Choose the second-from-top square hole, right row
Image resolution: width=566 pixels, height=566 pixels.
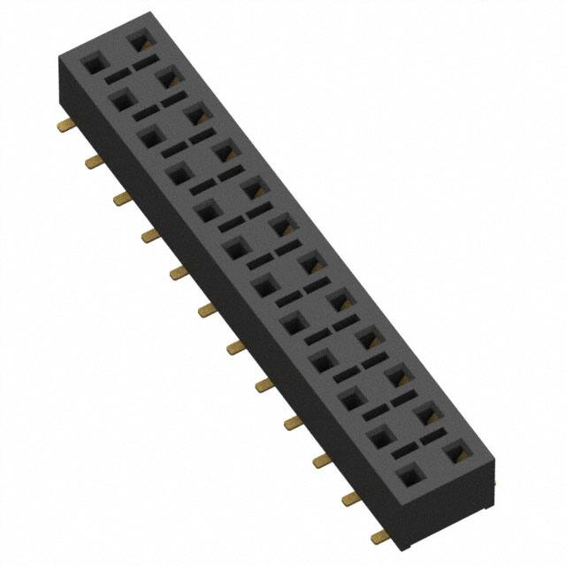(166, 78)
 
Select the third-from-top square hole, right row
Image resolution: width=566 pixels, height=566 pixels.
(195, 114)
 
